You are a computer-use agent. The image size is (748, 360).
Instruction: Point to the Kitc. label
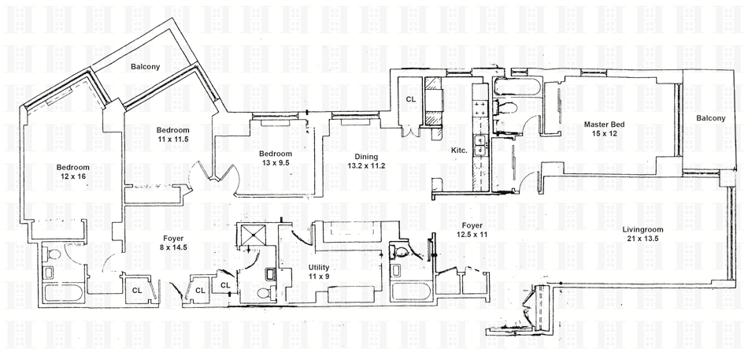pos(459,150)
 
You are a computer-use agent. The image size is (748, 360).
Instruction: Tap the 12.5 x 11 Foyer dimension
pos(472,235)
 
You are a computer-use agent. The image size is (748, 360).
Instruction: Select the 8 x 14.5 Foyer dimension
pos(174,247)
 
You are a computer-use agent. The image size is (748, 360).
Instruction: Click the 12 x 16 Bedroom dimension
pos(72,177)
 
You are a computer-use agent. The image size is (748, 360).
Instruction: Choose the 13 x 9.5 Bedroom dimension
pos(276,164)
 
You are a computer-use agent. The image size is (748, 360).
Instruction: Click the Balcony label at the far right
pos(711,118)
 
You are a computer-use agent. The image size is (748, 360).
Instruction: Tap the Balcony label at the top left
pos(145,67)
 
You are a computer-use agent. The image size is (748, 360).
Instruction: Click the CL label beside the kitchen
pos(410,99)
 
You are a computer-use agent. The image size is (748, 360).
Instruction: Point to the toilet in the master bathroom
pos(507,108)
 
